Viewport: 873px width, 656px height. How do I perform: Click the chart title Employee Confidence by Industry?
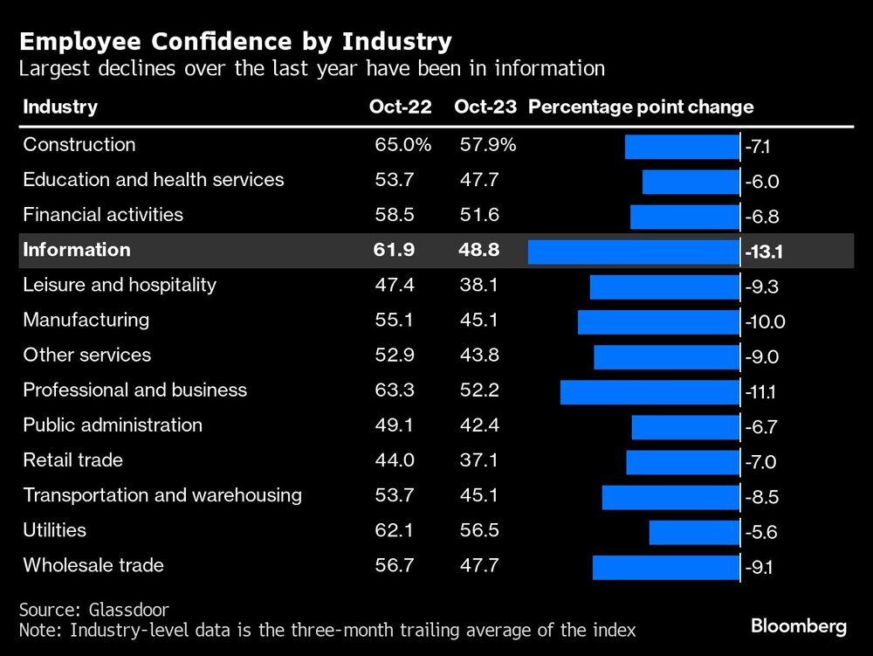(236, 41)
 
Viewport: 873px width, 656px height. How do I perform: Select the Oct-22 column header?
(400, 107)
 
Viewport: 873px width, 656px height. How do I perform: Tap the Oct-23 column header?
(485, 107)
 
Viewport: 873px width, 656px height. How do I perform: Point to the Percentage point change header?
(641, 107)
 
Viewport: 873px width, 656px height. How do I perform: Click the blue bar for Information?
(634, 252)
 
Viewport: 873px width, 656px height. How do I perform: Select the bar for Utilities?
(694, 532)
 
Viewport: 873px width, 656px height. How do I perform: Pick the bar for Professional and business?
(650, 391)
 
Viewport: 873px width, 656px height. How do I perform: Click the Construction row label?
(79, 145)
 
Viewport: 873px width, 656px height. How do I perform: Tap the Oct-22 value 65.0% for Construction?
(402, 145)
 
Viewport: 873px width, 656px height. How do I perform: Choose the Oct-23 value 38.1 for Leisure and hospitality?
(479, 285)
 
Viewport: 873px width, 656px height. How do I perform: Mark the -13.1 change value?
(764, 252)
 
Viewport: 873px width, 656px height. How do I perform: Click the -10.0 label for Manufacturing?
(766, 322)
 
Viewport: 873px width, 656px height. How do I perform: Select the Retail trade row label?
(73, 460)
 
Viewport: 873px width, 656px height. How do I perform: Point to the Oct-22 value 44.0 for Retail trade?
(394, 460)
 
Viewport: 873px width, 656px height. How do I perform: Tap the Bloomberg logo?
(798, 625)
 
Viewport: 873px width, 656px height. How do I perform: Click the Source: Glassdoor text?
(94, 610)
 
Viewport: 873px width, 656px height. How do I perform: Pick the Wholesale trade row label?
(93, 565)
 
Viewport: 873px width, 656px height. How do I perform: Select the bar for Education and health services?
(691, 182)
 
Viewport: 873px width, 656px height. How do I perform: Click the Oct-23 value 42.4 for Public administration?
(479, 425)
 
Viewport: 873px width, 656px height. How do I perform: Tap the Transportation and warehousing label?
(162, 495)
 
